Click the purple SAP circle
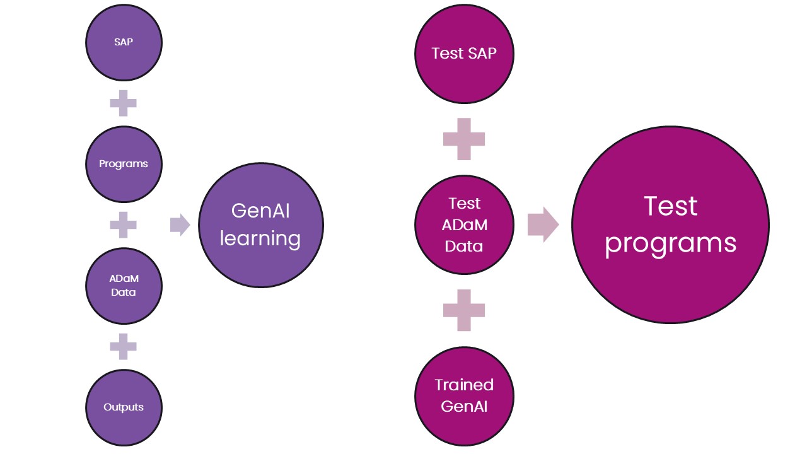tap(124, 42)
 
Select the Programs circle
tap(124, 164)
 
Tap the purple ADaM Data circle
tap(124, 286)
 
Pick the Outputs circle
tap(124, 407)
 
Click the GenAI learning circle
tap(260, 224)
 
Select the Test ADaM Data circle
tap(464, 224)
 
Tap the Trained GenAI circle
tap(464, 395)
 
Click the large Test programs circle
tap(670, 224)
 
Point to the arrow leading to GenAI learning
tap(180, 225)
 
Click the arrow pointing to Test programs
tap(543, 224)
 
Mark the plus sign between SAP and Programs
tap(124, 103)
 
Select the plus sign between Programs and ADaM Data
tap(124, 225)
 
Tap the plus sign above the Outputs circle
tap(124, 346)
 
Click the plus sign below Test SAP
tap(464, 139)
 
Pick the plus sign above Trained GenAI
tap(464, 310)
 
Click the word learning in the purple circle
tap(260, 239)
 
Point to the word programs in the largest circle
tap(670, 243)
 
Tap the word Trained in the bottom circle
tap(464, 385)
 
